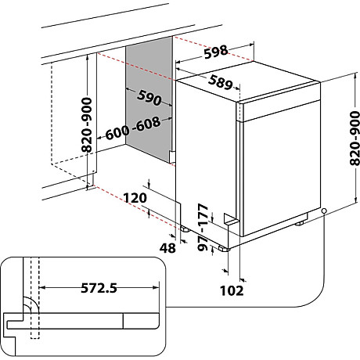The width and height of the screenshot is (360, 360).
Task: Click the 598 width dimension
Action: (x=215, y=52)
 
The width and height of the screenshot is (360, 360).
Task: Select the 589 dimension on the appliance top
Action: (x=221, y=82)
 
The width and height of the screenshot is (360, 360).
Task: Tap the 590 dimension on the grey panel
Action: (x=149, y=98)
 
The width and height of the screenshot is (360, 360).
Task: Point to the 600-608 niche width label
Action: (x=133, y=128)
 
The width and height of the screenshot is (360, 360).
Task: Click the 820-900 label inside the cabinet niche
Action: (x=87, y=124)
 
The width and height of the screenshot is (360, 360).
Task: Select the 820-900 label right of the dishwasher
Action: (x=355, y=139)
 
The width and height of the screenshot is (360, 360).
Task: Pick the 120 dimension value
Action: (x=135, y=198)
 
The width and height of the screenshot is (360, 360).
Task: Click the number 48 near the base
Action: (x=167, y=248)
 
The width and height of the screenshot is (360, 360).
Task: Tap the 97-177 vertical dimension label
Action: (x=203, y=228)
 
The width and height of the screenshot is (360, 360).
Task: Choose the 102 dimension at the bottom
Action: (x=232, y=290)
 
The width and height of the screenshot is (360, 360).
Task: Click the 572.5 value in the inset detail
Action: (x=99, y=288)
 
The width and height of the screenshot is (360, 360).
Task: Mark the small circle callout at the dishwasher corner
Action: (x=324, y=211)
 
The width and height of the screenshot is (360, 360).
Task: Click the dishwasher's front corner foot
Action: (x=225, y=249)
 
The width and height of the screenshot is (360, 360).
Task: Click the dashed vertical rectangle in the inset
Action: (x=34, y=298)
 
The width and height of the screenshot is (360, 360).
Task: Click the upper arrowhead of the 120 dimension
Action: (x=149, y=185)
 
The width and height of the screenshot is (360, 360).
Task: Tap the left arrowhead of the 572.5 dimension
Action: (x=42, y=288)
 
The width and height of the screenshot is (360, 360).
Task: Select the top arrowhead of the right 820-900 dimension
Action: (x=355, y=77)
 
